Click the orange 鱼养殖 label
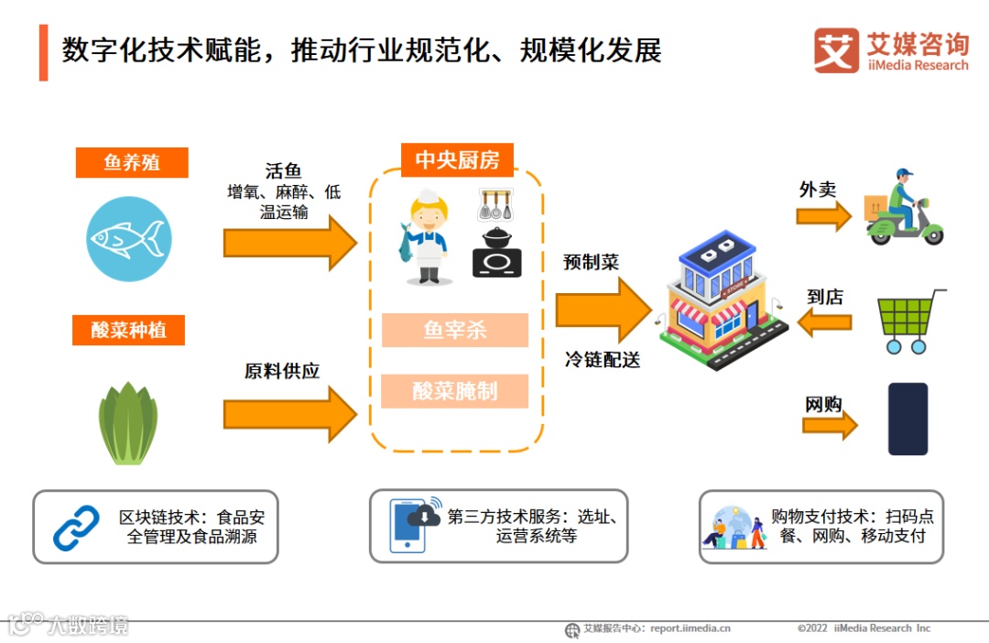[x=132, y=163]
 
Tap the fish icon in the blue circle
[x=128, y=239]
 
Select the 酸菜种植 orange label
[x=128, y=331]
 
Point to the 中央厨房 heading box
[x=457, y=159]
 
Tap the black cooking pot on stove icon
[x=496, y=253]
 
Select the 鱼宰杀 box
[x=455, y=331]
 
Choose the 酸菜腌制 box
[x=455, y=391]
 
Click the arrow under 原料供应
[x=289, y=414]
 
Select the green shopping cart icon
[x=909, y=321]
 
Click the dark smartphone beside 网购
[x=907, y=419]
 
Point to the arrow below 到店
[x=824, y=322]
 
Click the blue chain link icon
[x=76, y=528]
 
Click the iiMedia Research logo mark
[x=836, y=50]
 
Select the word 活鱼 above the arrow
[x=283, y=171]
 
